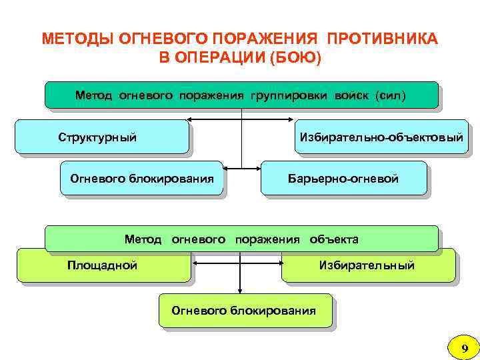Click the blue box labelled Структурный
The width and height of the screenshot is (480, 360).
pyautogui.click(x=101, y=137)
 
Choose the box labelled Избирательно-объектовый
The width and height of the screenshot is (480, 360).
pyautogui.click(x=381, y=137)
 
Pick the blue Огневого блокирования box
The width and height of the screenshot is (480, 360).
pyautogui.click(x=141, y=178)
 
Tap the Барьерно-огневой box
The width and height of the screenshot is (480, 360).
pyautogui.click(x=343, y=178)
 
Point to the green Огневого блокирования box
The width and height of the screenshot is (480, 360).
pyautogui.click(x=244, y=311)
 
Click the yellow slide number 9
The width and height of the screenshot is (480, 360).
pyautogui.click(x=465, y=347)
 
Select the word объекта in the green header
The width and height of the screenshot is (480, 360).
pyautogui.click(x=334, y=239)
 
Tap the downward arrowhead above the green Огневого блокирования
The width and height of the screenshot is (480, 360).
pyautogui.click(x=241, y=290)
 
